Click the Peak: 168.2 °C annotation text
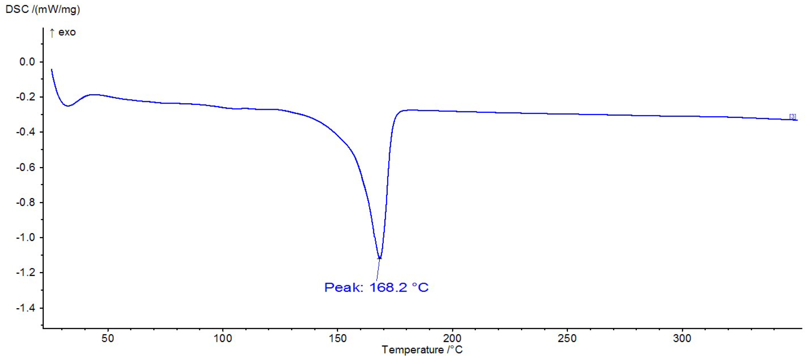[x=376, y=287]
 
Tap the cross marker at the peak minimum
[x=379, y=258]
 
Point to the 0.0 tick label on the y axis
[x=27, y=62]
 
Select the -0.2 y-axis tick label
[x=25, y=97]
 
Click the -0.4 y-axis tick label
[x=25, y=132]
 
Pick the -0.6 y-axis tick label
[x=25, y=167]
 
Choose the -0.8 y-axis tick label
[x=25, y=202]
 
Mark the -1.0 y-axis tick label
[x=25, y=237]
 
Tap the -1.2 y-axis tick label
[x=25, y=272]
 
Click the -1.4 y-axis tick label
[x=25, y=308]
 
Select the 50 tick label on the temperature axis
[x=108, y=338]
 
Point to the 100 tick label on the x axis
[x=223, y=338]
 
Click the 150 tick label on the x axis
[x=337, y=338]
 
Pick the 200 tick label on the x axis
[x=452, y=338]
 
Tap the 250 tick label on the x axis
[x=567, y=338]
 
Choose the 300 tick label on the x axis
[x=682, y=338]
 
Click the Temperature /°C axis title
[x=422, y=350]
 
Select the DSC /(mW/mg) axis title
[x=42, y=9]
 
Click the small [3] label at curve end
[x=792, y=116]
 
